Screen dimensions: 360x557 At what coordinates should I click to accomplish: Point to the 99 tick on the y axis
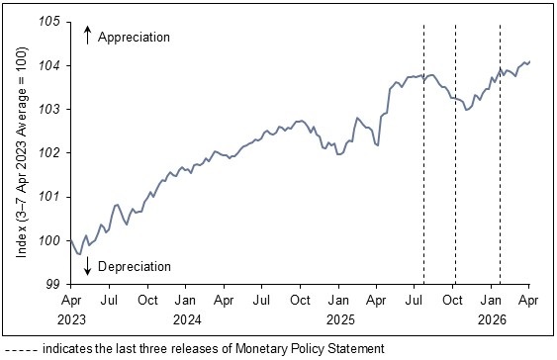tap(55, 284)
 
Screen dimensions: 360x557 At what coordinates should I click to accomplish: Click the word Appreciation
tap(135, 37)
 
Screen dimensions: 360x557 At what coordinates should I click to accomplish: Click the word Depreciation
tap(135, 266)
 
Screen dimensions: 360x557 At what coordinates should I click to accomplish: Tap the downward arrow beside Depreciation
tap(87, 265)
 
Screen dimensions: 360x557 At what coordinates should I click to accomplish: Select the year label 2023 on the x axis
tap(71, 319)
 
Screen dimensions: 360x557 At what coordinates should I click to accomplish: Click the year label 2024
tap(186, 319)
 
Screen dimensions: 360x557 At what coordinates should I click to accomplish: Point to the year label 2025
tap(339, 319)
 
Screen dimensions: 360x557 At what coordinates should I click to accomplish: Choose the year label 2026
tap(492, 319)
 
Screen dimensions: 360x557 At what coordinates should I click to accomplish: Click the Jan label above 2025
tap(339, 301)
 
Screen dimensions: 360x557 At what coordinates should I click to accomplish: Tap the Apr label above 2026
tap(529, 301)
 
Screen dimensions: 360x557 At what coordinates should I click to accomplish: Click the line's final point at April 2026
tap(529, 62)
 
